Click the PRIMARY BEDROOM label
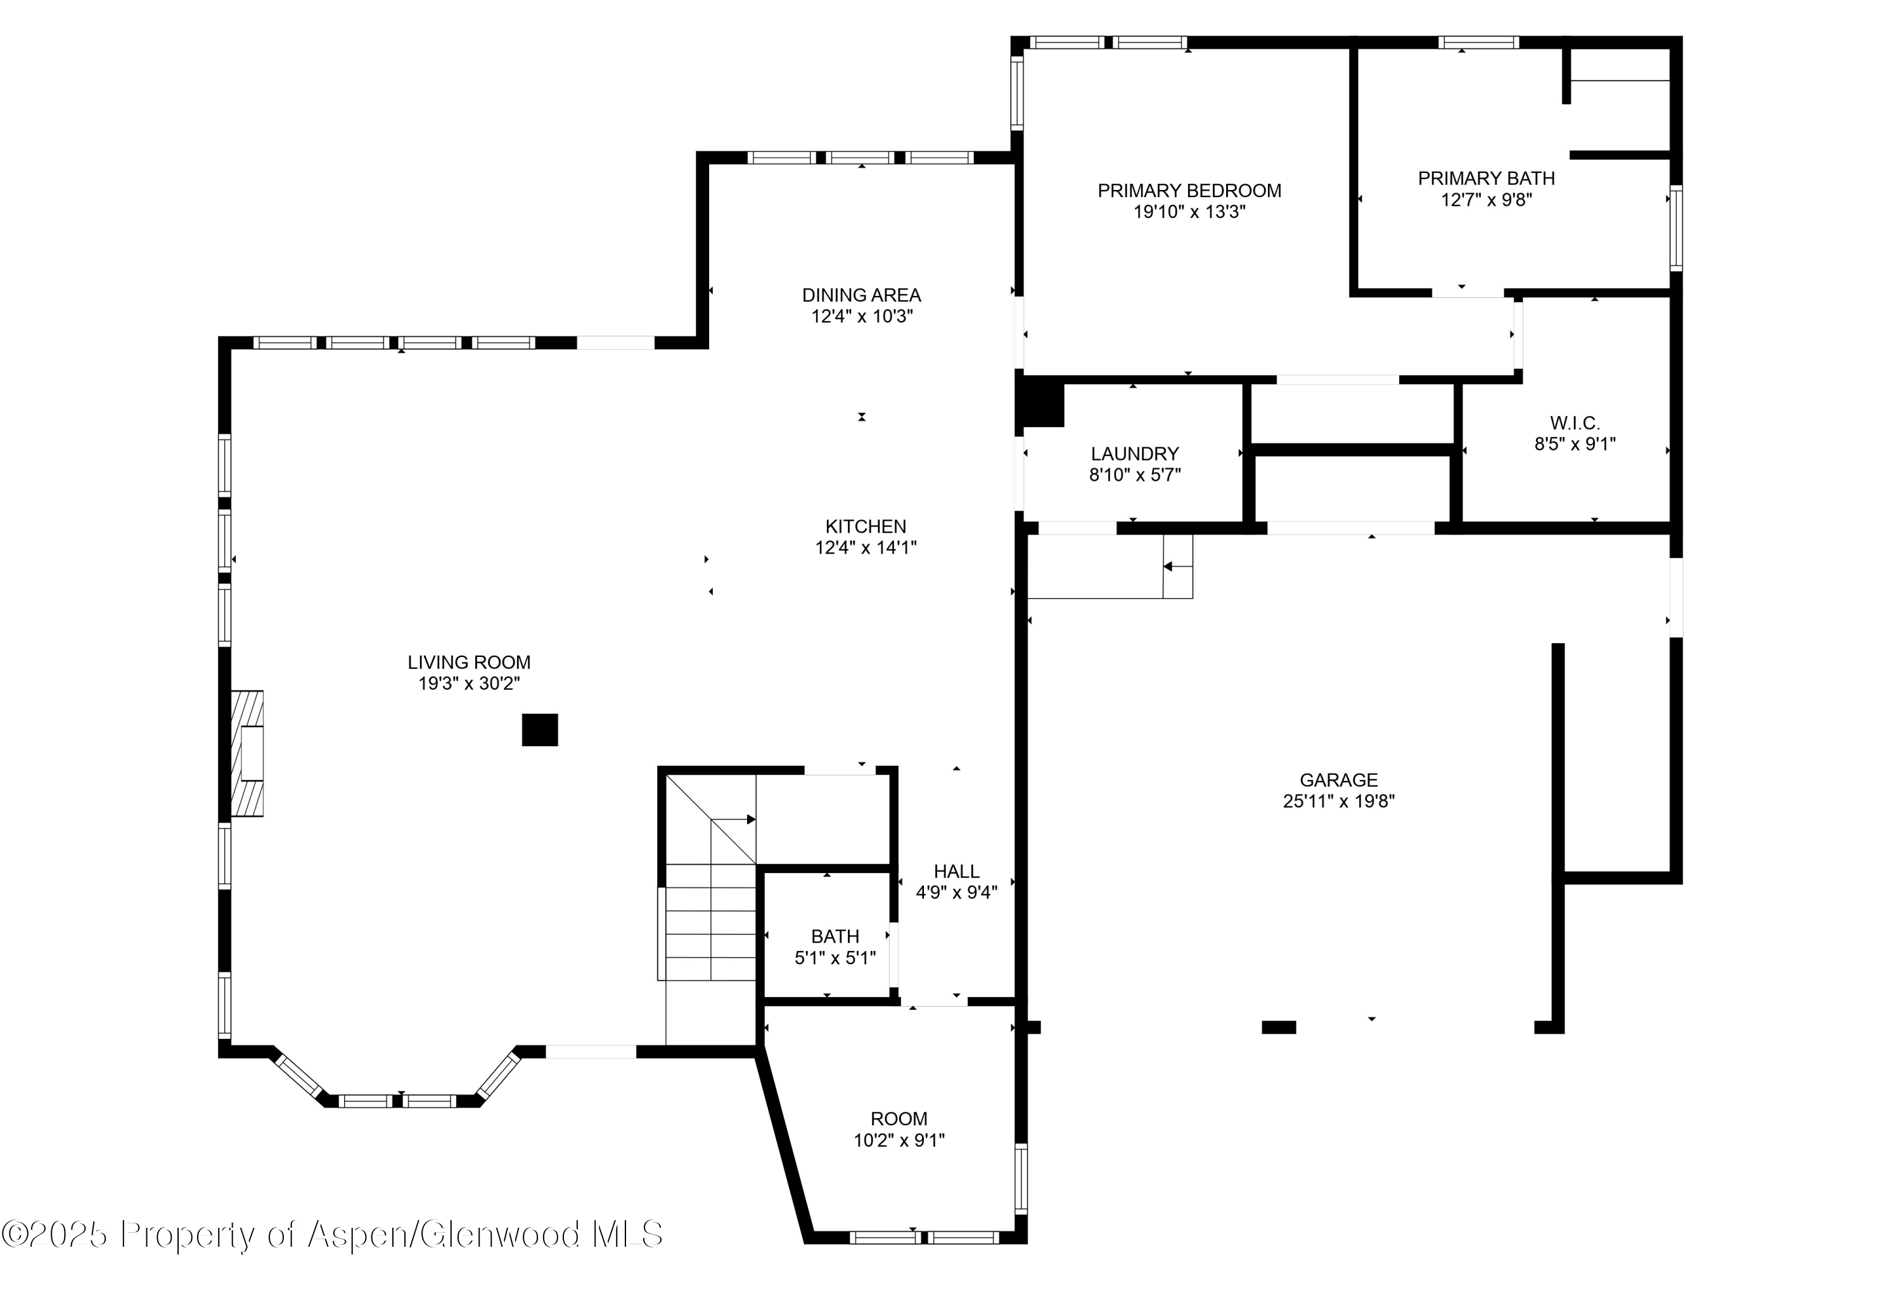pyautogui.click(x=1189, y=191)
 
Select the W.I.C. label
pyautogui.click(x=1575, y=423)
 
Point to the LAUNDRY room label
pyautogui.click(x=1134, y=454)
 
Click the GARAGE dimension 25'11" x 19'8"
pyautogui.click(x=1338, y=801)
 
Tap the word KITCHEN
pyautogui.click(x=866, y=526)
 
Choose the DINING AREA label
pyautogui.click(x=861, y=295)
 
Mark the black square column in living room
pyautogui.click(x=540, y=730)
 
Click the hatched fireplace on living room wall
pyautogui.click(x=248, y=753)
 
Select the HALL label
pyautogui.click(x=956, y=872)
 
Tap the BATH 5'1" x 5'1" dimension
pyautogui.click(x=835, y=958)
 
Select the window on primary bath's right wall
pyautogui.click(x=1676, y=228)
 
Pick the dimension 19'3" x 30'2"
pyautogui.click(x=469, y=684)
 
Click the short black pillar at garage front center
pyautogui.click(x=1279, y=1027)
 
